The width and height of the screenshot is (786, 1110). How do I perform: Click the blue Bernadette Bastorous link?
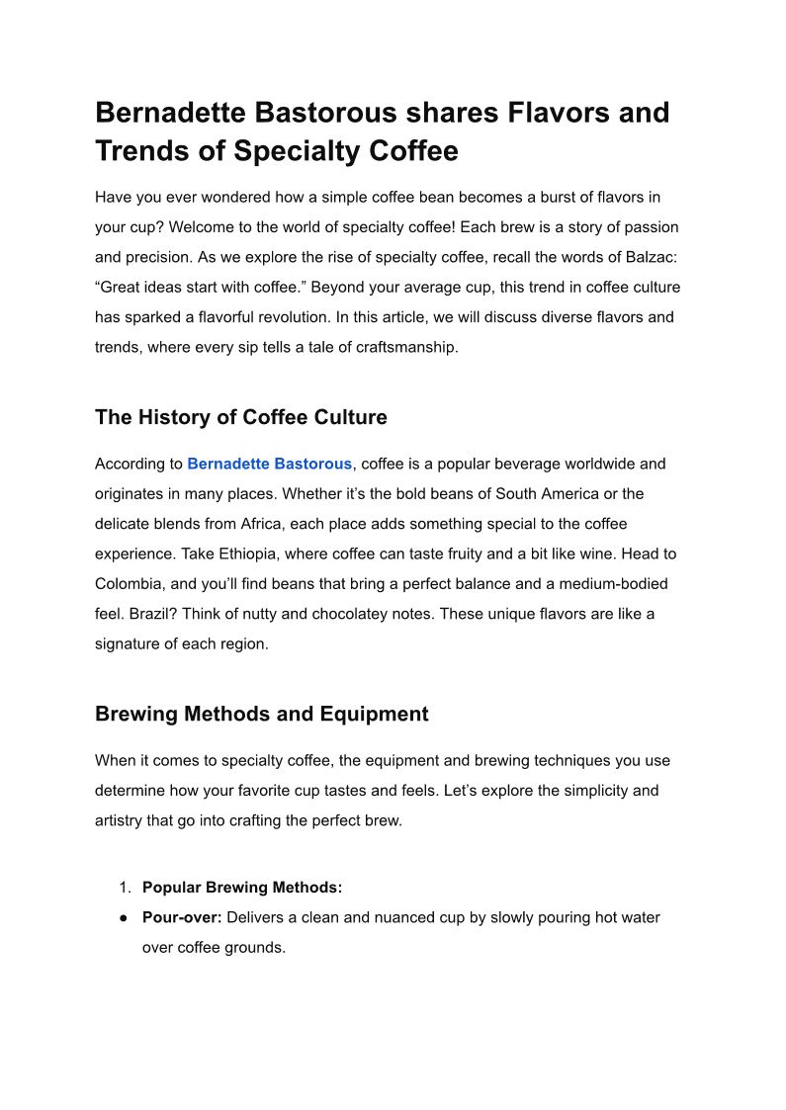coord(269,464)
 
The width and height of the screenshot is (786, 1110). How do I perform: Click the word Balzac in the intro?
coord(648,257)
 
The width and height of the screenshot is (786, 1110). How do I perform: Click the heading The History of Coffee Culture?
coord(240,417)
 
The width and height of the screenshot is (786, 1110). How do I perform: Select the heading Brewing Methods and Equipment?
coord(261,714)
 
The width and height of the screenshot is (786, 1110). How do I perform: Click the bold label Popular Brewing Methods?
coord(242,888)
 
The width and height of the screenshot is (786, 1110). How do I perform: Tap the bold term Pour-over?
coord(183,917)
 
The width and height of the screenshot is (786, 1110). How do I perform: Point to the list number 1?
coord(125,888)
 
